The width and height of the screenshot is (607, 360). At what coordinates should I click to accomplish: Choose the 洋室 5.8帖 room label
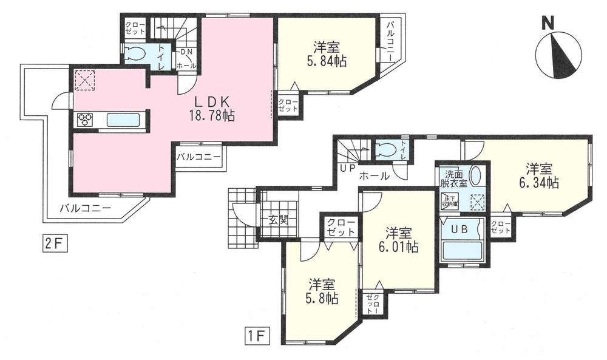(x=322, y=291)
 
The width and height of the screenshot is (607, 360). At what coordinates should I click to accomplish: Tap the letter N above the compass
(x=548, y=24)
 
